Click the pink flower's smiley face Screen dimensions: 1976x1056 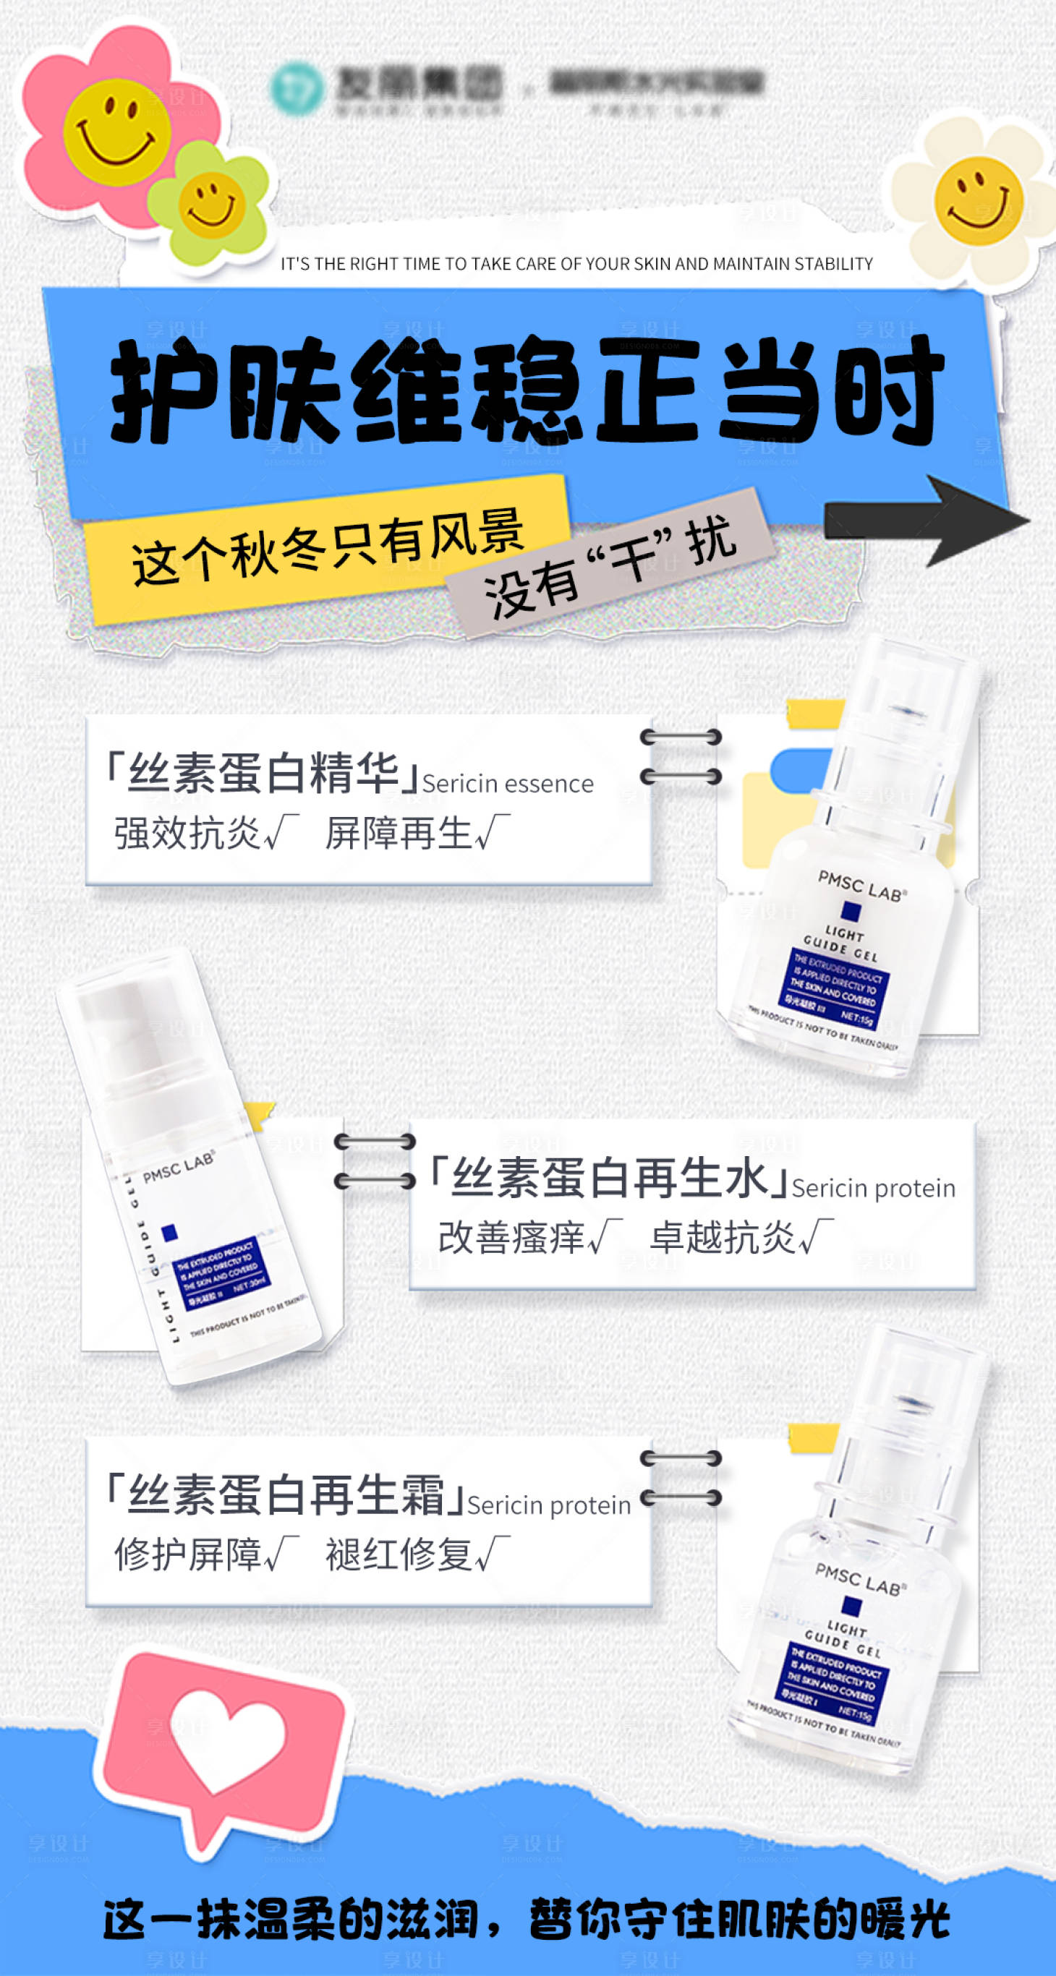pyautogui.click(x=116, y=132)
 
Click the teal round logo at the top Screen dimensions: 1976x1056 pyautogui.click(x=297, y=90)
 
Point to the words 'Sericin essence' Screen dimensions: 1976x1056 pyautogui.click(x=507, y=784)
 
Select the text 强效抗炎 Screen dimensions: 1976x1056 pyautogui.click(x=187, y=833)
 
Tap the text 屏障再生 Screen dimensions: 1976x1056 pyautogui.click(x=399, y=833)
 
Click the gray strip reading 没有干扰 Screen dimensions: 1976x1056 pyautogui.click(x=610, y=566)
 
